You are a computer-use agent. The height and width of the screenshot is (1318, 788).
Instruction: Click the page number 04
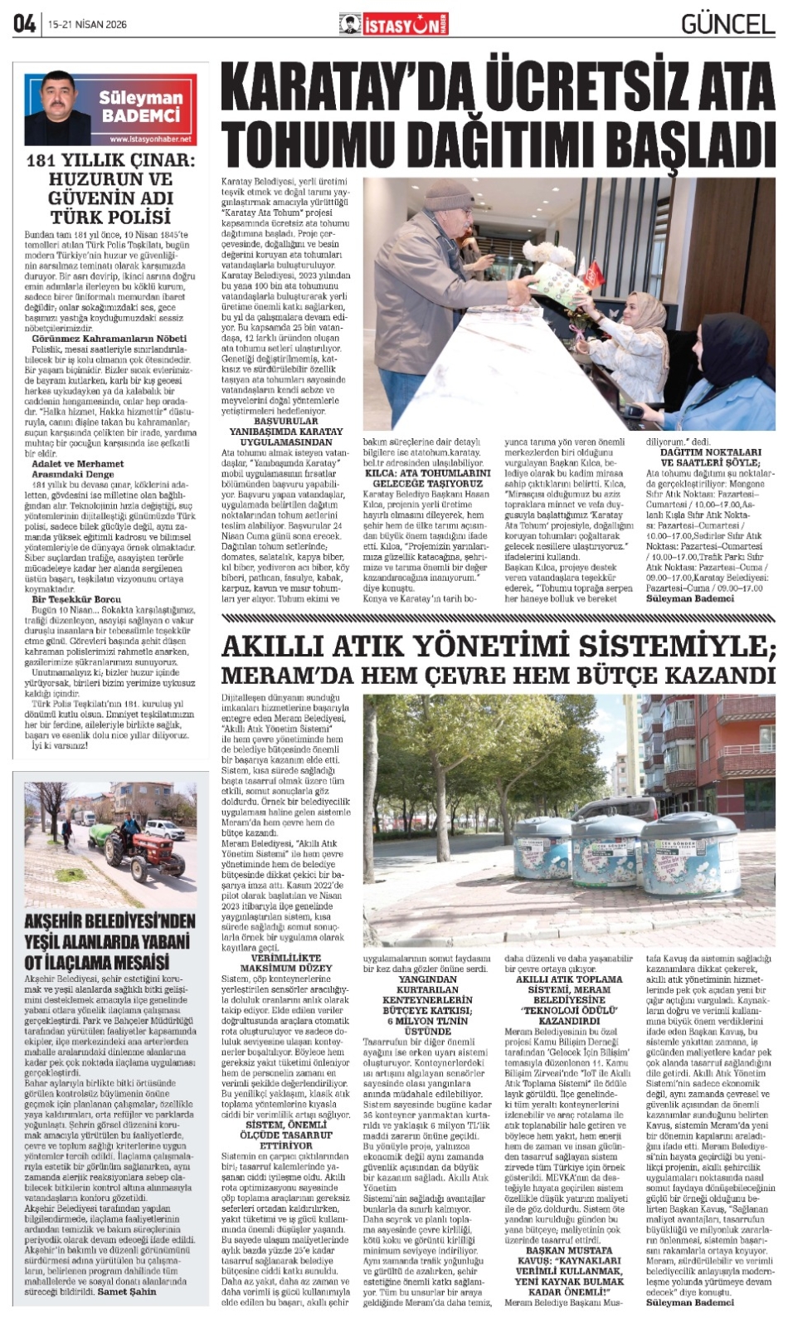(23, 24)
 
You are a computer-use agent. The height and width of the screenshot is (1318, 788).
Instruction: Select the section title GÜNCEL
(727, 24)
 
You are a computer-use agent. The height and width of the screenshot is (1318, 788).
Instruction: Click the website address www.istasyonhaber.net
(149, 139)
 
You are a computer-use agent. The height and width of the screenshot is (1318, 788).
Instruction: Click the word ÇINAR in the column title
(166, 161)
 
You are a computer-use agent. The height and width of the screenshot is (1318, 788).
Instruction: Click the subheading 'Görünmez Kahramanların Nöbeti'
(109, 339)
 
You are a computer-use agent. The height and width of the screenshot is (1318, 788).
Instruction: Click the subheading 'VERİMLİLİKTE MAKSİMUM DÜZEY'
(285, 963)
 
